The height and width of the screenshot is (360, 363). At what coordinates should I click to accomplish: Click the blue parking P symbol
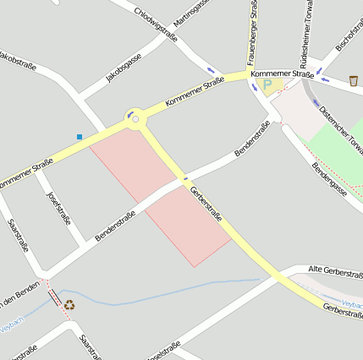tap(268, 85)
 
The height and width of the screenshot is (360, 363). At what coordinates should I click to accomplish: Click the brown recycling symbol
tap(69, 304)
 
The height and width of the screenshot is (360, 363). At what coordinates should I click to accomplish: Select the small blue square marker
tap(80, 136)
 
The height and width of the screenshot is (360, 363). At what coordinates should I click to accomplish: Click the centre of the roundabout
tap(134, 119)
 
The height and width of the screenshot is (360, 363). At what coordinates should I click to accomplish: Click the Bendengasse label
tap(330, 181)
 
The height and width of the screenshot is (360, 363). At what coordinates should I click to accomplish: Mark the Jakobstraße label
tap(19, 62)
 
